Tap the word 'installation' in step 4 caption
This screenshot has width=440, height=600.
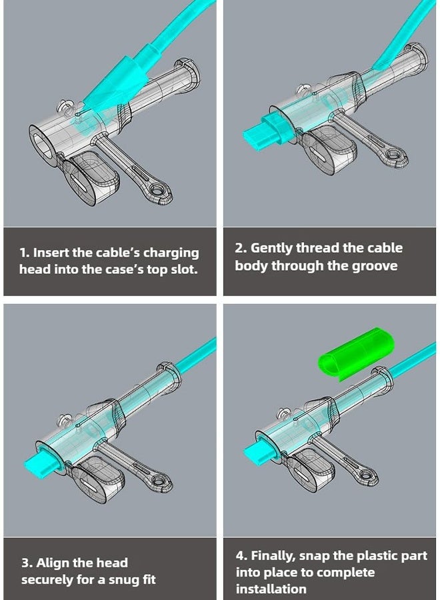click(271, 589)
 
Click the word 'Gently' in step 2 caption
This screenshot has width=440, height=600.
click(272, 248)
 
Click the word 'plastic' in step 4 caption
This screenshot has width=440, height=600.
click(365, 555)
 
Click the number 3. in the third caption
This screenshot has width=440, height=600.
click(27, 563)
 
